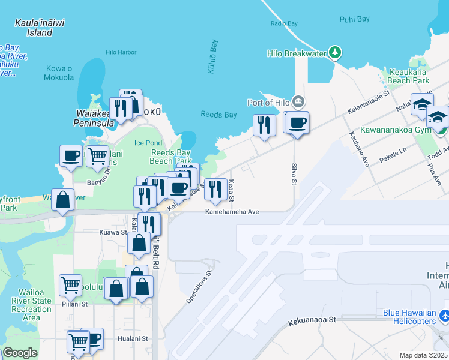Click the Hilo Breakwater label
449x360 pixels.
click(x=296, y=53)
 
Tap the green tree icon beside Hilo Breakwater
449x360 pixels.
click(x=334, y=53)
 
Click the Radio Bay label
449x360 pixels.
click(x=284, y=23)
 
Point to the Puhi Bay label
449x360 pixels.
click(x=354, y=19)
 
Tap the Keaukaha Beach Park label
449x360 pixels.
click(x=408, y=76)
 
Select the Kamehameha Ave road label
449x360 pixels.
click(x=232, y=212)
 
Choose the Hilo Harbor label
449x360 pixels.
click(x=121, y=52)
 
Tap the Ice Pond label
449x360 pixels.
click(x=148, y=143)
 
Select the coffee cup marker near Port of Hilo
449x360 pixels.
click(x=298, y=123)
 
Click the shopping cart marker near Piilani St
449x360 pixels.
click(x=71, y=285)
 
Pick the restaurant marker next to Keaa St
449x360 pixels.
click(x=216, y=189)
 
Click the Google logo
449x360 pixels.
click(x=20, y=353)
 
